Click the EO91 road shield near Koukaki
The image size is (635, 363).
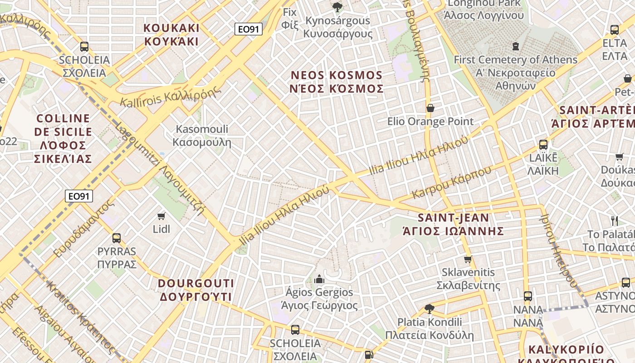pos(249,29)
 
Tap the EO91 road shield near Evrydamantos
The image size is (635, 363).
pos(79,196)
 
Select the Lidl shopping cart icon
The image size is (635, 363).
pos(161,216)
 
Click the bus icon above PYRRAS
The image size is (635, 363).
pos(117,238)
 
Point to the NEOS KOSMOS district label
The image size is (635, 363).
pos(337,82)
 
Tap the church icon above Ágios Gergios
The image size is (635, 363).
pos(319,279)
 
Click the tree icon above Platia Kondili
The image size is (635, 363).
pos(429,309)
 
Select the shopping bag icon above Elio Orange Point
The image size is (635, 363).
pos(430,108)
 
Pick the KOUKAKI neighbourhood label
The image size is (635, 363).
pos(171,34)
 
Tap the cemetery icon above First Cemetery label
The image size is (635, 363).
pos(515,46)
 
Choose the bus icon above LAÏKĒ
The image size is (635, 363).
pos(543,145)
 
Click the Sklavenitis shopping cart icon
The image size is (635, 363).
pos(468,260)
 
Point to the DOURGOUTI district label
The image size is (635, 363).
pos(196,290)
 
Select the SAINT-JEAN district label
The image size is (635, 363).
pos(453,224)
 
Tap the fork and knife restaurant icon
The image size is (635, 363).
pos(615,221)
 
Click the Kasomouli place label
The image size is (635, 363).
pos(202,136)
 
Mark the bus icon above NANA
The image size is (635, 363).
pos(528,296)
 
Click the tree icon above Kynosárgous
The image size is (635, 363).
pos(337,7)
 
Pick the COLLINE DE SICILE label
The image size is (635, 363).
pos(63,138)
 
